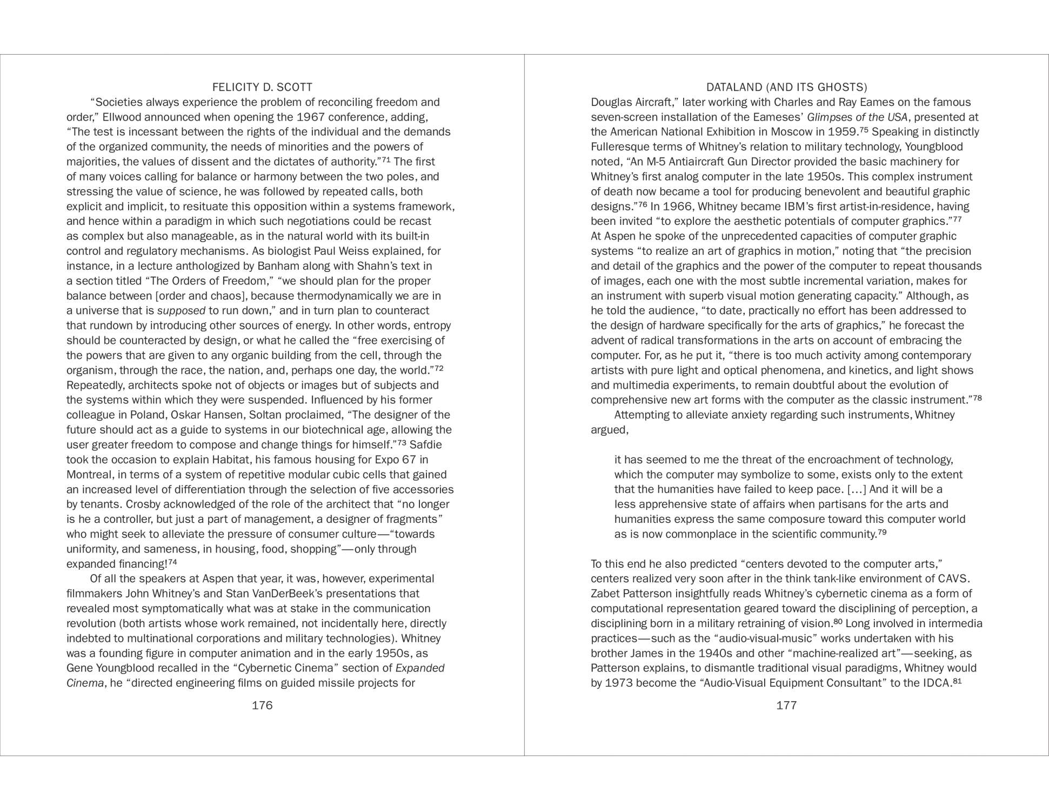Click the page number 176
click(x=262, y=705)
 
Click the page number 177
click(x=786, y=705)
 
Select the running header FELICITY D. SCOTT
click(x=262, y=87)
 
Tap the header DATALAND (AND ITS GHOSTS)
click(x=786, y=87)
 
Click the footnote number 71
click(x=386, y=159)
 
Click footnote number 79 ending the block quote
click(x=882, y=532)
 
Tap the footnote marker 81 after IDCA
click(x=957, y=681)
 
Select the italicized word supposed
click(x=181, y=311)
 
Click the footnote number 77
click(x=957, y=219)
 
